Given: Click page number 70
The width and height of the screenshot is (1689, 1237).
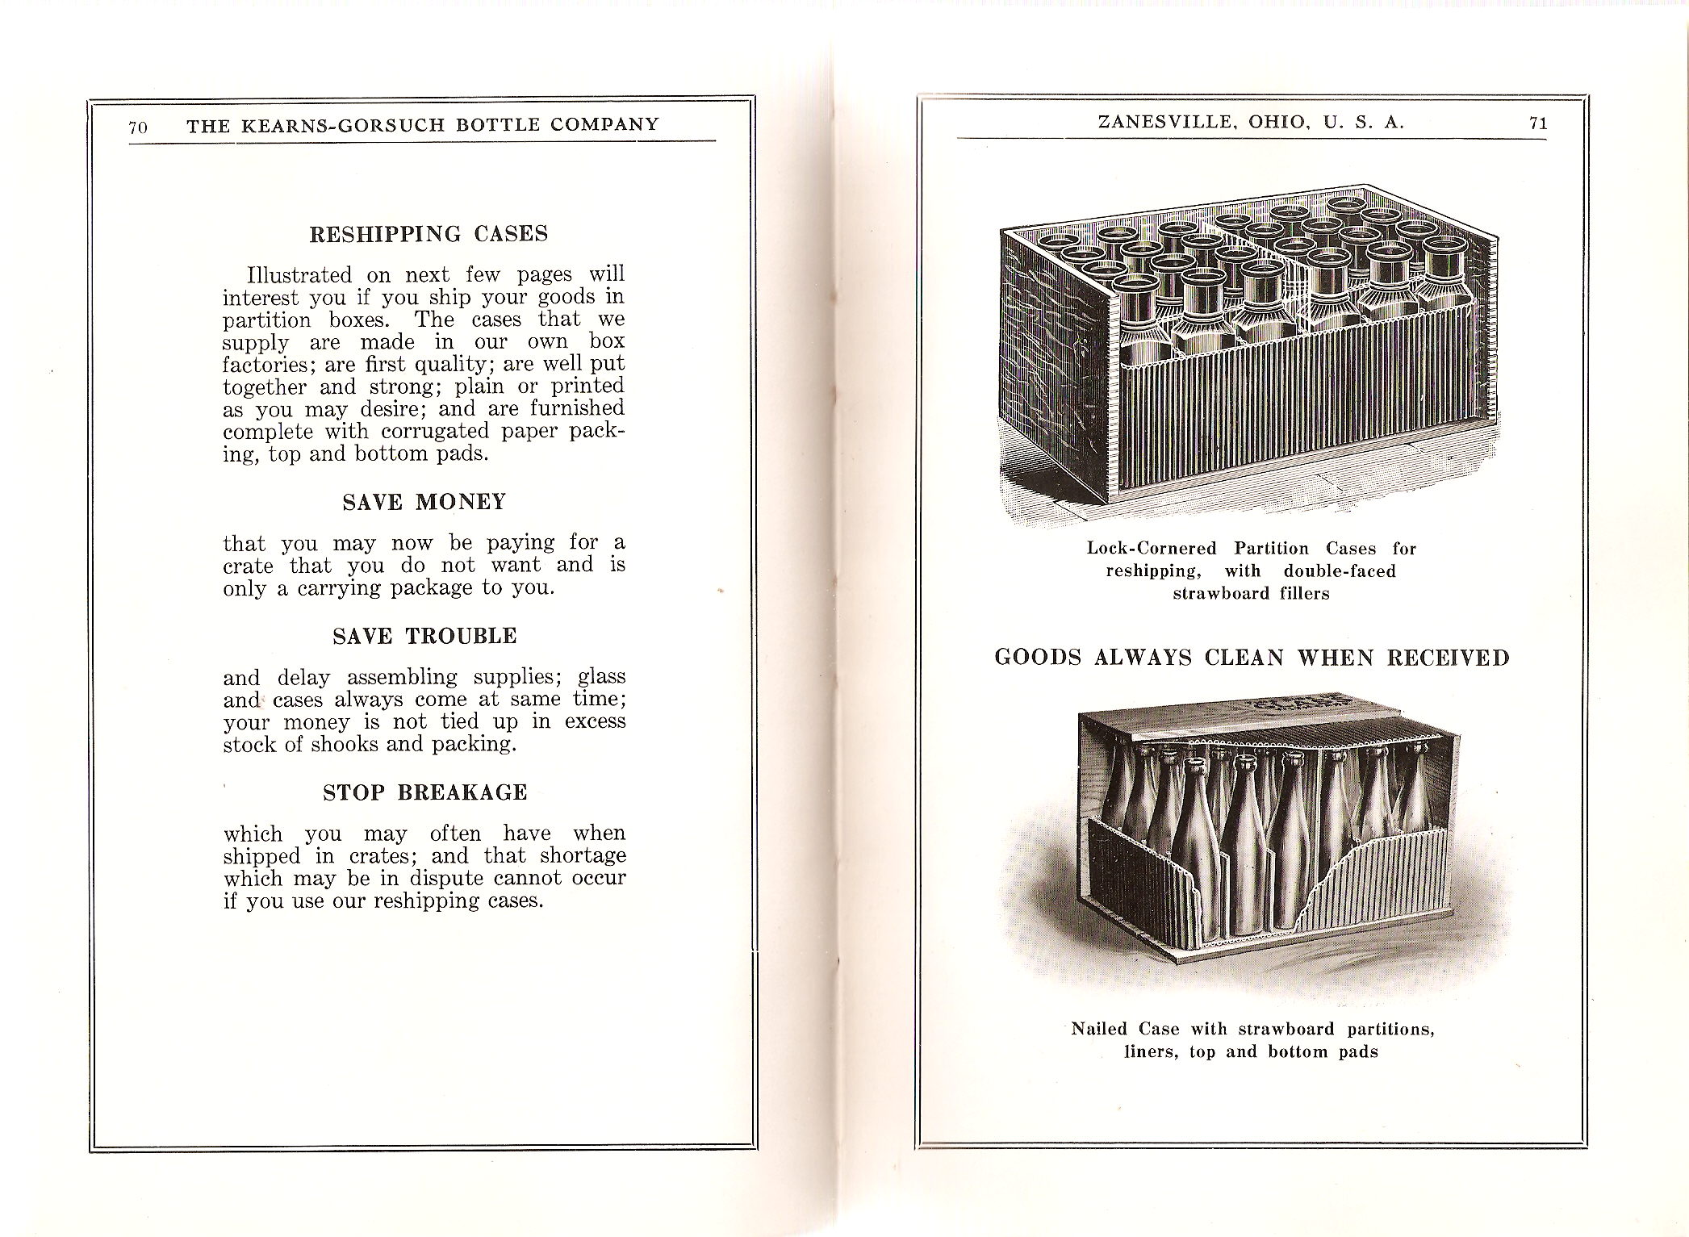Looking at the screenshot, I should (x=137, y=127).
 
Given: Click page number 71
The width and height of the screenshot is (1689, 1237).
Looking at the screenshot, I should (x=1537, y=123).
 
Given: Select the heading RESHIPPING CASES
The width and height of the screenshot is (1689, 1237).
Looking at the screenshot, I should (x=429, y=234).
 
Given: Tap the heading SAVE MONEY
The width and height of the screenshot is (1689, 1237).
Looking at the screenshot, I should (x=424, y=502).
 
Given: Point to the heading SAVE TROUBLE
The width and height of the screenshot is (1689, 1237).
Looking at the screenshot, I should (x=424, y=636).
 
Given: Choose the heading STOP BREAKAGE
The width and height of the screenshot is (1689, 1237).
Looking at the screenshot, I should (x=424, y=792).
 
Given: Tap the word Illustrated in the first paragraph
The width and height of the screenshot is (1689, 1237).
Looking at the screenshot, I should (x=299, y=275).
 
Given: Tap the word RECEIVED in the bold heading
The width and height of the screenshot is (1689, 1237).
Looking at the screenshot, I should (x=1448, y=658).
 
